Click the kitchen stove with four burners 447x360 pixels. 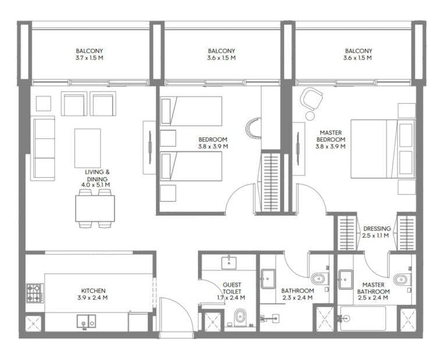click(34, 292)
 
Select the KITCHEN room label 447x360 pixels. click(93, 290)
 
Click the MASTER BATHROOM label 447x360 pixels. click(373, 288)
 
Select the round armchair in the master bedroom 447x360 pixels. click(311, 98)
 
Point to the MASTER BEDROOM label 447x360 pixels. click(331, 136)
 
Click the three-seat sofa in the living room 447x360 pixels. click(43, 148)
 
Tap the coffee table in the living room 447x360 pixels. click(87, 148)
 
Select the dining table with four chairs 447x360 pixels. click(95, 208)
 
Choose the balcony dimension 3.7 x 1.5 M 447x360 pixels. click(90, 58)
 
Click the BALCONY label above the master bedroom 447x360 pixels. click(357, 51)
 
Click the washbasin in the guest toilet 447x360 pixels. click(228, 263)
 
